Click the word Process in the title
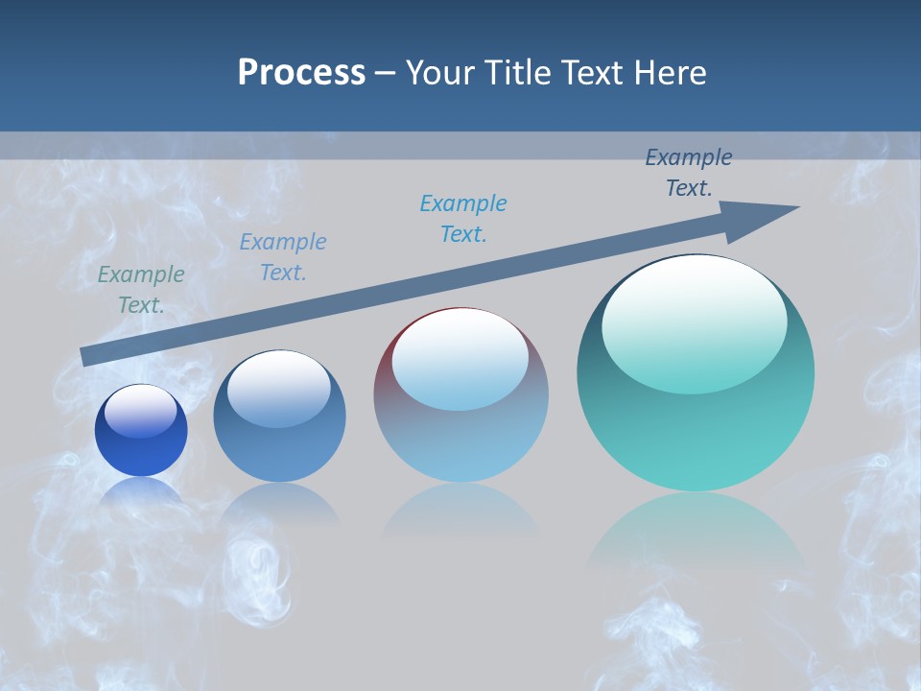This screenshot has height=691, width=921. point(301,73)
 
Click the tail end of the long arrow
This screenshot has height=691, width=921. point(86,356)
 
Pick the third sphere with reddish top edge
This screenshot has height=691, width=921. point(460,432)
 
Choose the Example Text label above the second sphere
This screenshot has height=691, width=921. point(283,257)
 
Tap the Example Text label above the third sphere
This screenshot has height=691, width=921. point(463,219)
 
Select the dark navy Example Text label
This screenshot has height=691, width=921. point(689,173)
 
